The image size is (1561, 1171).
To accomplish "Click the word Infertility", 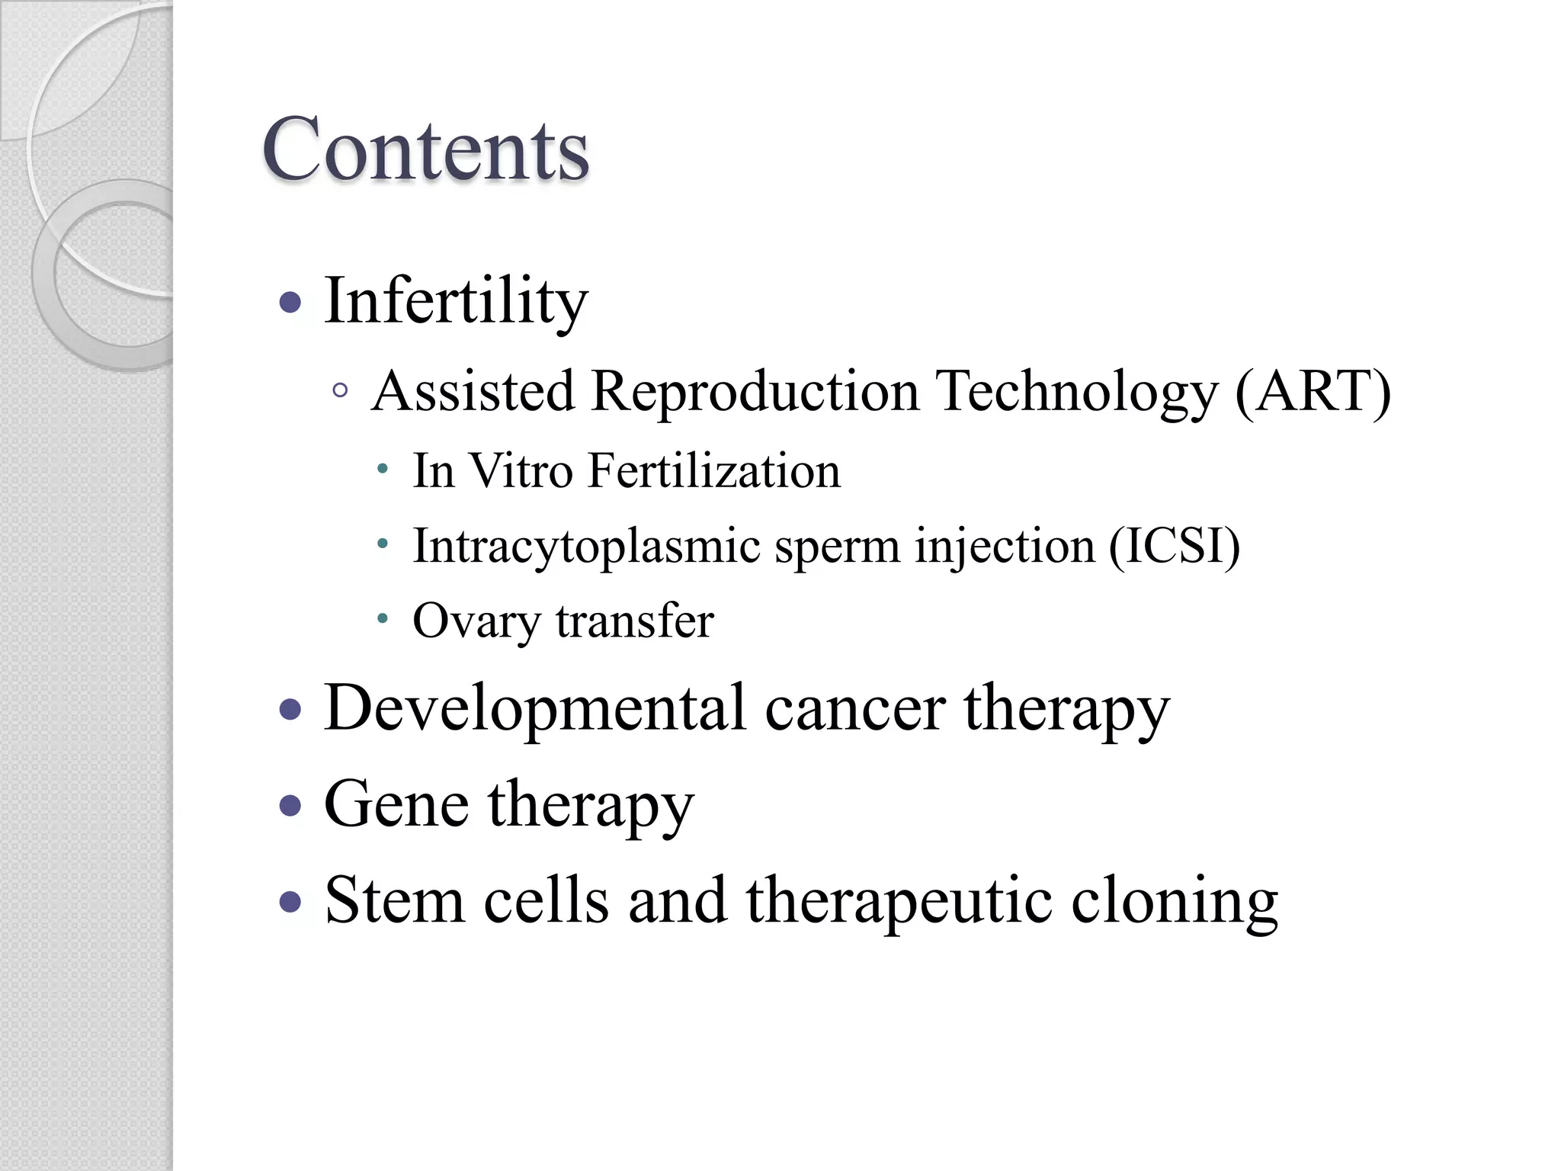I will (x=456, y=302).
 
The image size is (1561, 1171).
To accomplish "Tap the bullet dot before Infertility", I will (x=290, y=303).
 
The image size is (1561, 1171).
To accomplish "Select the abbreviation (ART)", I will (x=1313, y=392).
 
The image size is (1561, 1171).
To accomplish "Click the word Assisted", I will (x=473, y=392).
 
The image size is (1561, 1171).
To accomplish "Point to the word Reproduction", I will (x=755, y=392).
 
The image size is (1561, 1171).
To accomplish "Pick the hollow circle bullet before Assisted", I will (x=341, y=391).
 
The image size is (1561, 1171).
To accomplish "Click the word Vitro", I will (x=520, y=471).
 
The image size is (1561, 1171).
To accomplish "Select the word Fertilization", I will (x=714, y=471).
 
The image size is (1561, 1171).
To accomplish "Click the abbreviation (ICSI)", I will (x=1174, y=547).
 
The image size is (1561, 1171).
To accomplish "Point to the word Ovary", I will (x=476, y=621).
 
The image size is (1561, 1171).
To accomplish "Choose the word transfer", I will (x=635, y=621).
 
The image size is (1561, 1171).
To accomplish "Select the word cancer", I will (x=854, y=709).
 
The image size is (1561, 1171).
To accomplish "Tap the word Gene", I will (x=396, y=805).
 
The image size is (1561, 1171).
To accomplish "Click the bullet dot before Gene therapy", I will (x=290, y=806).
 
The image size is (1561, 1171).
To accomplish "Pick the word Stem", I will (x=394, y=901).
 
